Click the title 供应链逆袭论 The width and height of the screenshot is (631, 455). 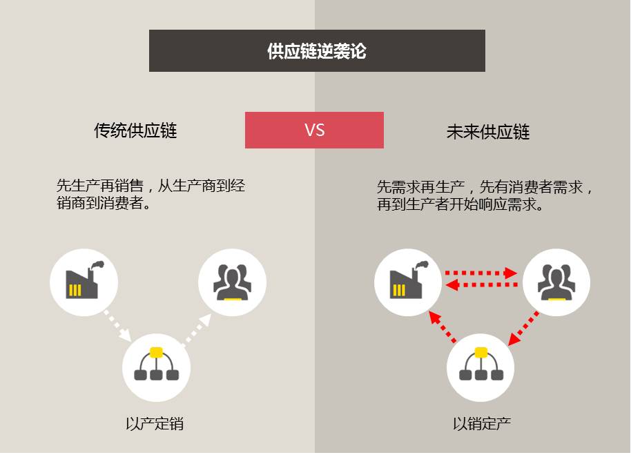pos(317,51)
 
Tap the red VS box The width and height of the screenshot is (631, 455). pos(314,130)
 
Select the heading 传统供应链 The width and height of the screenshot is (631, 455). pos(135,130)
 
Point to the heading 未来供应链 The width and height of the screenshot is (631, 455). pos(487,132)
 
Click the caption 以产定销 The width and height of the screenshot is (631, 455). pos(155,424)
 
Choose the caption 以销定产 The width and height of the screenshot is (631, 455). pos(482,424)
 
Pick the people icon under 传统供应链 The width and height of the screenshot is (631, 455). pos(232,282)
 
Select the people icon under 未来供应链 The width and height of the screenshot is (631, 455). pos(556,282)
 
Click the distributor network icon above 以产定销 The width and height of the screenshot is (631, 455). pos(156,364)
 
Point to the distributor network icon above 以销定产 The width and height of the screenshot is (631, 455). pos(481,364)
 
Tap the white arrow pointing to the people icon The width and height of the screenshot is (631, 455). pos(196,329)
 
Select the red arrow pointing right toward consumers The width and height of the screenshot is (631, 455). pos(481,273)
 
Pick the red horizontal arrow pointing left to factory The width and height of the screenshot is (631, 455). pos(482,285)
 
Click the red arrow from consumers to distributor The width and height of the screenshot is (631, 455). pos(523,328)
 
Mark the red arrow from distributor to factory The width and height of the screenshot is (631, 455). pos(443,327)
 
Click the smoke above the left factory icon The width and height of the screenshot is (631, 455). pos(98,264)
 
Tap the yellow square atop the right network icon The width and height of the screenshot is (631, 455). pos(481,352)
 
